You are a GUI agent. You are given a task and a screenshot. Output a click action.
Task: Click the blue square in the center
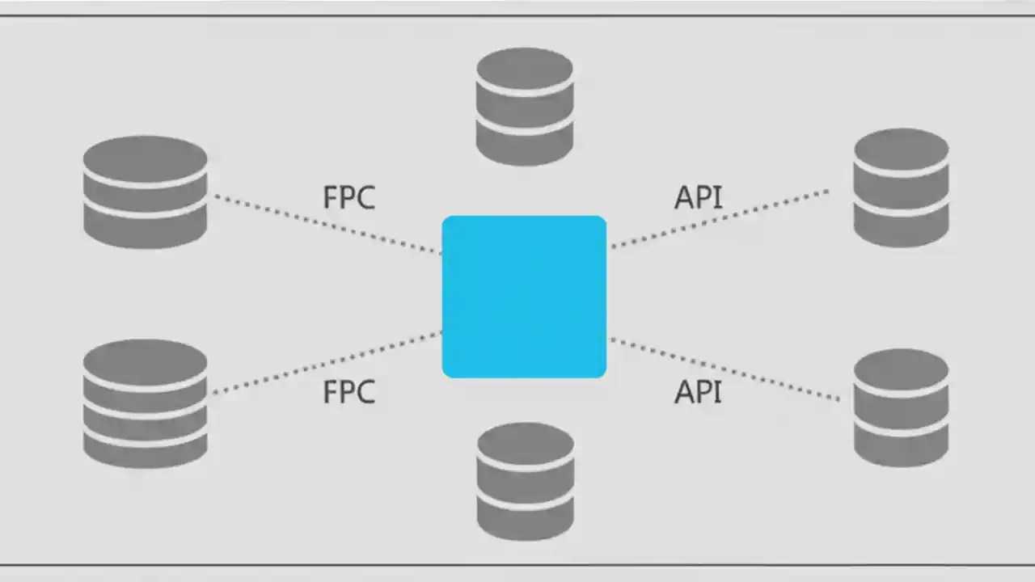524,297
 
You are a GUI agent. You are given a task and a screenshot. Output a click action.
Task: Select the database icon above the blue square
525,106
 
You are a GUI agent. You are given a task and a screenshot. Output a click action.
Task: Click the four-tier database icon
146,403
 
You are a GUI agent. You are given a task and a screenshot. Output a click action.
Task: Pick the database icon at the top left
146,192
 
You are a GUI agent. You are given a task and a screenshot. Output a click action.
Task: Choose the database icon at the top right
901,187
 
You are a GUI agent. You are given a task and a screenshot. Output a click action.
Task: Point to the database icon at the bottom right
901,407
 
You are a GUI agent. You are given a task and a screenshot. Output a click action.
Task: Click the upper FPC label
349,198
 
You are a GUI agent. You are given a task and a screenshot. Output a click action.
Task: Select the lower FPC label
349,393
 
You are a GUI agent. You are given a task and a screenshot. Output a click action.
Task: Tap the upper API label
698,198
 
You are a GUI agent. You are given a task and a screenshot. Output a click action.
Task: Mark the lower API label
698,393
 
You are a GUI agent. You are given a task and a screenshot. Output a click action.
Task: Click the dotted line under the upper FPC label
327,224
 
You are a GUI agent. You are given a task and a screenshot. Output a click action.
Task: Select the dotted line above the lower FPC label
327,363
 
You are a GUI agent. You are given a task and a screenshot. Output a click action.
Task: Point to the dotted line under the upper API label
720,217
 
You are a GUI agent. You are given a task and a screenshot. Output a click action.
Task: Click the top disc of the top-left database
146,154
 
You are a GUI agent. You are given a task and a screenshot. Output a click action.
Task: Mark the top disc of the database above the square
525,66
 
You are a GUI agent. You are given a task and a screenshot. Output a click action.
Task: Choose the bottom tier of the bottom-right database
901,448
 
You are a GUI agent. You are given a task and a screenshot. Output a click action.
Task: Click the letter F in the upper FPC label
330,198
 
